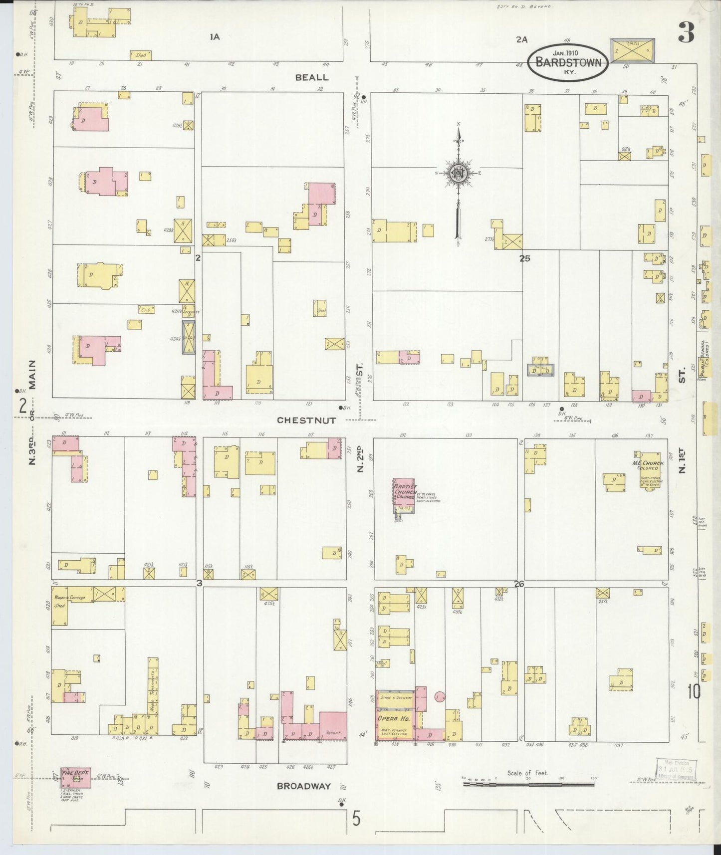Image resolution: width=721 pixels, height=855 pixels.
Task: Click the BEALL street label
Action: (312, 77)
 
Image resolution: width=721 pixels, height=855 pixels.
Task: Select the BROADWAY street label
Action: (304, 786)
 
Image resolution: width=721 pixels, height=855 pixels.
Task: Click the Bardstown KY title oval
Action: (568, 62)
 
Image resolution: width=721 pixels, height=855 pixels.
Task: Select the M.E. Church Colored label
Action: (649, 466)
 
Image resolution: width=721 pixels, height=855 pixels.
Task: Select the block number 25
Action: (524, 258)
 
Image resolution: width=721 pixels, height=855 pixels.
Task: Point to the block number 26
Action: (519, 584)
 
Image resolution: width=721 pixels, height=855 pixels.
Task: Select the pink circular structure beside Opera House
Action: (440, 697)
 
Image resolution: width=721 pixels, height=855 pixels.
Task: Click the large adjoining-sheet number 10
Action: (694, 692)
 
